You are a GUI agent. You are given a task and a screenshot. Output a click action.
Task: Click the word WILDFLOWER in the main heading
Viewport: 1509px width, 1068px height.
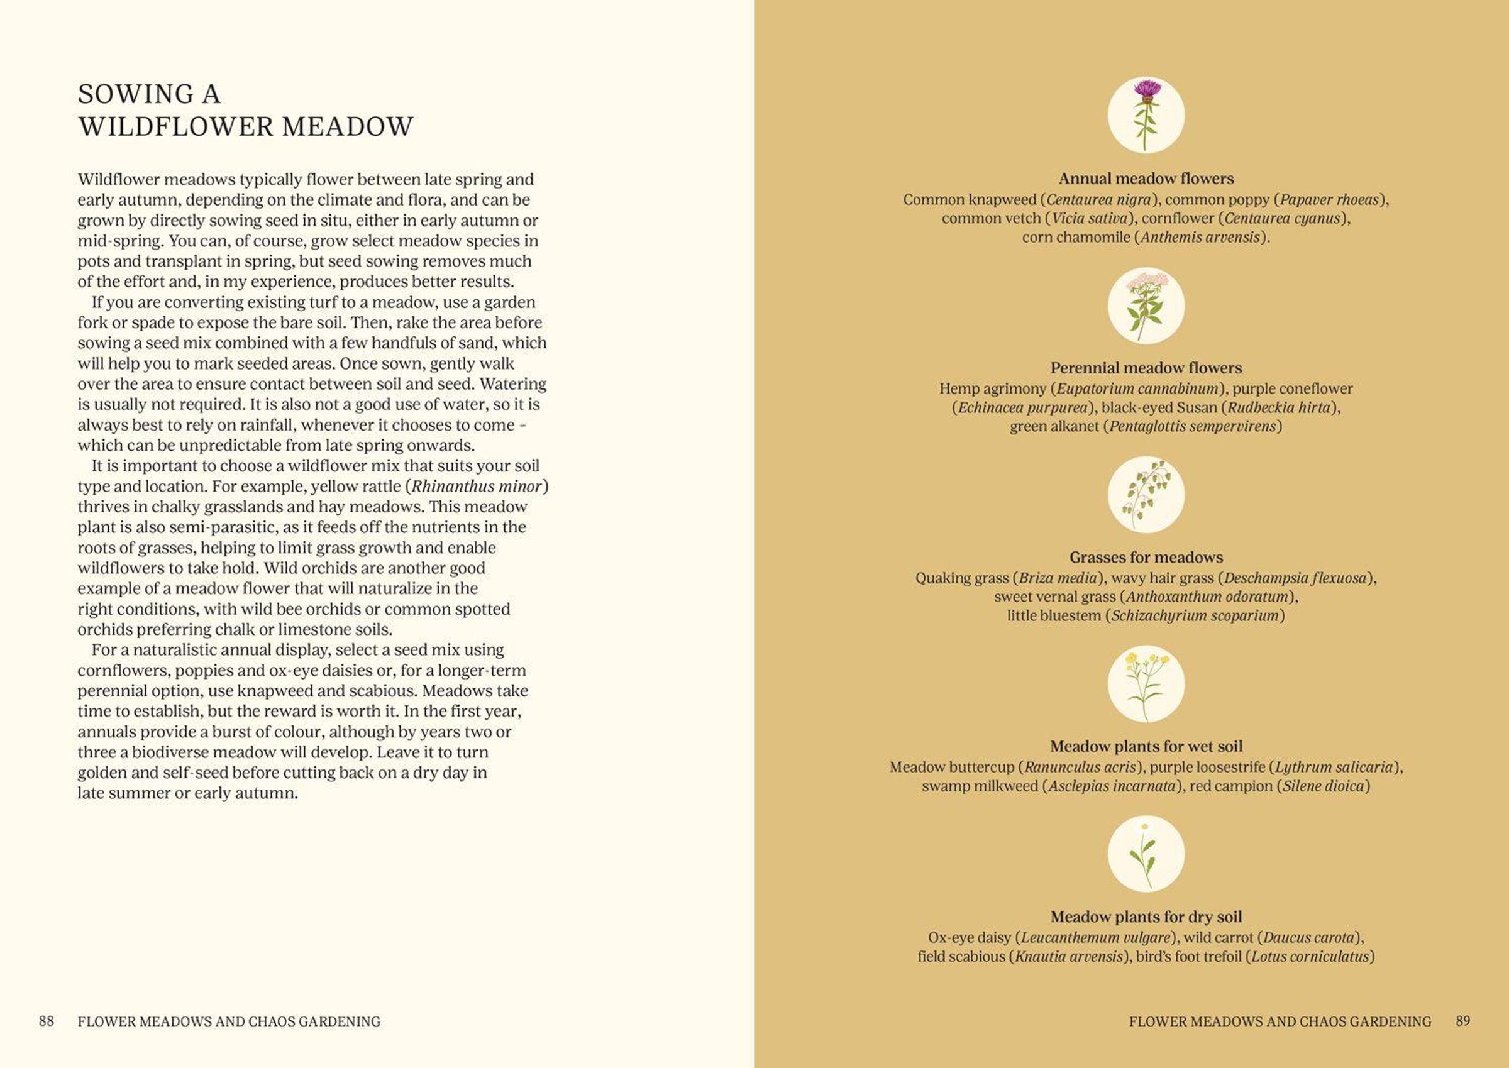coord(176,127)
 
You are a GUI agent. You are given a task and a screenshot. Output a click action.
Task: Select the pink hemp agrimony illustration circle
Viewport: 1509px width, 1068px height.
coord(1146,305)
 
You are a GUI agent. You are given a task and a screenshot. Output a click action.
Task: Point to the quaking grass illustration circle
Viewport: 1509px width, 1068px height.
coord(1146,495)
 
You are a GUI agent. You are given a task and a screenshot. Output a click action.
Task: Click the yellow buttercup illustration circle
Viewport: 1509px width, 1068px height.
coord(1146,684)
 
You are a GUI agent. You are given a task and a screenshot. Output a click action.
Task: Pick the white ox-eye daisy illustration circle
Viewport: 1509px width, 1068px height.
coord(1146,854)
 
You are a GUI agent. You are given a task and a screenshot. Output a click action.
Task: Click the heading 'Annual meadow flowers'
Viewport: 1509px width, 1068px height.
coord(1146,179)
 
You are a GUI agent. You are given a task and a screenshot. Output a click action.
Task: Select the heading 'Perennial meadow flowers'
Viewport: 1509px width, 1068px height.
coord(1146,368)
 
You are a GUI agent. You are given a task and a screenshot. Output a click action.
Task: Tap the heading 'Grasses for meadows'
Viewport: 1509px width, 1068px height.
coord(1146,558)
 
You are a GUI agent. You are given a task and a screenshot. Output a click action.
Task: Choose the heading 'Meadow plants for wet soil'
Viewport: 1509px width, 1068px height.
coord(1146,746)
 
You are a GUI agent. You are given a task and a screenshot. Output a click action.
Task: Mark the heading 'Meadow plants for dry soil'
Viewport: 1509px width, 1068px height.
coord(1146,917)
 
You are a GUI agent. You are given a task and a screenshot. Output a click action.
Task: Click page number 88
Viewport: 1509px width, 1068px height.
coord(46,1021)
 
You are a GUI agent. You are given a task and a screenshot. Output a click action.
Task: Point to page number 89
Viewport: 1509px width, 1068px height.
coord(1462,1021)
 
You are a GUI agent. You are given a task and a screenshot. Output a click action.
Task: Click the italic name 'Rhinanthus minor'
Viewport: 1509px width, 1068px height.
coord(477,487)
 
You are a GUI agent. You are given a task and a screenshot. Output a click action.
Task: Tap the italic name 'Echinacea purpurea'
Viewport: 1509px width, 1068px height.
coord(1022,408)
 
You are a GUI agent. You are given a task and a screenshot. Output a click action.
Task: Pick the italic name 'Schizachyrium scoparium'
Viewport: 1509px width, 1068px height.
coord(1195,616)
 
